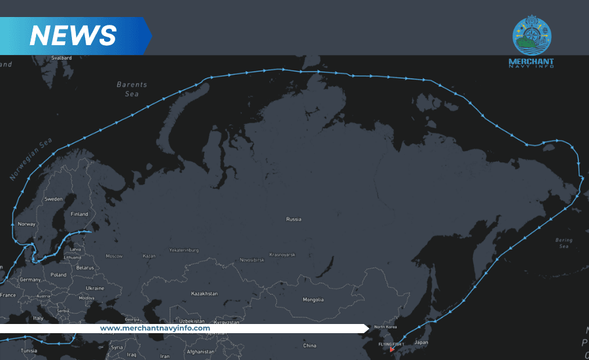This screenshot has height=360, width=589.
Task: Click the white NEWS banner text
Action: [73, 35]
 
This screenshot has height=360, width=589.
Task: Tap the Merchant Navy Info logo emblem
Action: [531, 36]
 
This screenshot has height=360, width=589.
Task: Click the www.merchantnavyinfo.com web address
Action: [155, 328]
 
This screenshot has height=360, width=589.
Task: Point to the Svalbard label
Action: [62, 58]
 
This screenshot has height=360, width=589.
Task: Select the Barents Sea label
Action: [132, 89]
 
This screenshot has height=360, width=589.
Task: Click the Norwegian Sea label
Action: [31, 159]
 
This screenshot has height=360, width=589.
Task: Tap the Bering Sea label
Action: [563, 244]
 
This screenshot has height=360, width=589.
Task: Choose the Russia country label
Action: [294, 219]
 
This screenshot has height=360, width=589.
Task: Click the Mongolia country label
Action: [313, 300]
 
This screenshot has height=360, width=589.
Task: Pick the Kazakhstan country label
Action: [204, 294]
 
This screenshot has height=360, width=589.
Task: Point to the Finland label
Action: [79, 214]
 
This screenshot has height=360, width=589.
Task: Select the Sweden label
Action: [53, 199]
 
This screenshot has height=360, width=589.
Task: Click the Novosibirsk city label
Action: [251, 260]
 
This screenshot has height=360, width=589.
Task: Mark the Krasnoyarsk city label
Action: [282, 254]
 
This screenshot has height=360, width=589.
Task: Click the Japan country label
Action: [421, 342]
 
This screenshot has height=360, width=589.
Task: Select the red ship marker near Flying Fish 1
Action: [392, 350]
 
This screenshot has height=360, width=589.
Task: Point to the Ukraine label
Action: [95, 288]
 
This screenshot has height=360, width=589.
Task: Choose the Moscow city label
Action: [114, 256]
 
